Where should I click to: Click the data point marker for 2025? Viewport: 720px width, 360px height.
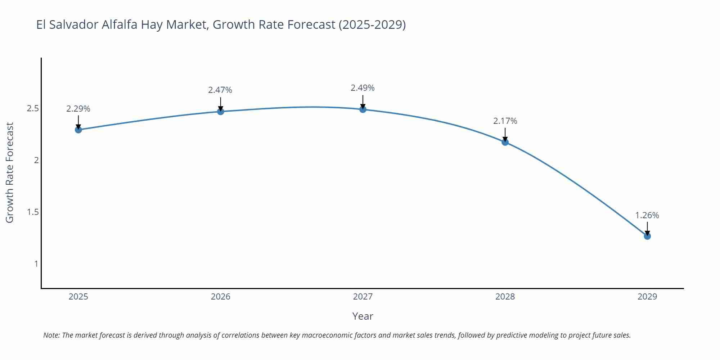(x=78, y=130)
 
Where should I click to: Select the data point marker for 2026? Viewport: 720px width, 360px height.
(x=221, y=112)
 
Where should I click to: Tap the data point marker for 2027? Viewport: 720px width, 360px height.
(x=363, y=109)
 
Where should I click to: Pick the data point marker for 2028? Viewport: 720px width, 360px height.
(x=505, y=142)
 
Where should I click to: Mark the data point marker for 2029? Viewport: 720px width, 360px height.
(x=647, y=236)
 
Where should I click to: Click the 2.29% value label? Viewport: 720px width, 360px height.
(x=78, y=109)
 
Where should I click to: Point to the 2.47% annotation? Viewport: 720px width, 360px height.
(x=220, y=90)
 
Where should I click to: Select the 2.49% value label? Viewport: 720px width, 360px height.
(x=363, y=88)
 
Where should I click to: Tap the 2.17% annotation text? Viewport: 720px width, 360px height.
(x=505, y=121)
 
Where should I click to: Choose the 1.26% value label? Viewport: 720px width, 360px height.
(x=647, y=215)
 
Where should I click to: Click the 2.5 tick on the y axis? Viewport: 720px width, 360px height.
(x=33, y=108)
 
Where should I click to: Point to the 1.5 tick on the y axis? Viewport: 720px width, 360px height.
(x=33, y=212)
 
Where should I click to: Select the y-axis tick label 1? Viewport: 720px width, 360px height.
(x=36, y=264)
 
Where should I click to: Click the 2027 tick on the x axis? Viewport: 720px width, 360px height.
(x=363, y=297)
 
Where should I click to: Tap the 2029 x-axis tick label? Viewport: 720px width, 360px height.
(x=647, y=297)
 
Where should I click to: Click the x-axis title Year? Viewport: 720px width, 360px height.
(x=363, y=316)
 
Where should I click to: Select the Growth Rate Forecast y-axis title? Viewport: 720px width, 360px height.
(x=10, y=172)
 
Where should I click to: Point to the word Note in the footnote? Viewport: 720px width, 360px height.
(x=51, y=335)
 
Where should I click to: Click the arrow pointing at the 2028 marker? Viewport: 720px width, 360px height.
(x=505, y=135)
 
